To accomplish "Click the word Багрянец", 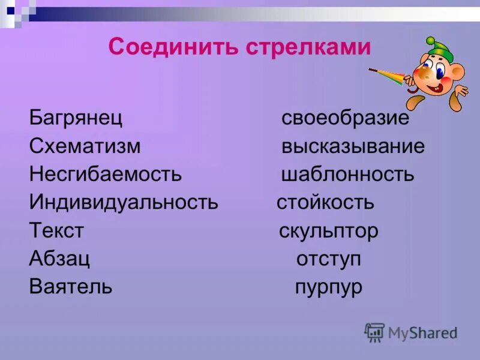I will pyautogui.click(x=76, y=118).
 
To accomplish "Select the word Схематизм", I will pyautogui.click(x=85, y=146).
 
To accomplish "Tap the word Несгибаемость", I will pyautogui.click(x=105, y=175).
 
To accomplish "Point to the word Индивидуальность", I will pyautogui.click(x=124, y=202).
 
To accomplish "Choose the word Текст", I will pyautogui.click(x=56, y=230).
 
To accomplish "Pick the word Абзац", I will pyautogui.click(x=59, y=259).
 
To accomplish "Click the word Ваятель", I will pyautogui.click(x=70, y=287).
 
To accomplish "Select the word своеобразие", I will pyautogui.click(x=346, y=118).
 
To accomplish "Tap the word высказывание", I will pyautogui.click(x=353, y=146).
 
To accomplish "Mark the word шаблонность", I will pyautogui.click(x=347, y=175).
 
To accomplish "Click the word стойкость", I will pyautogui.click(x=325, y=202).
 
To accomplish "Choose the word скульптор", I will pyautogui.click(x=329, y=230).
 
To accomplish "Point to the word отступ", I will pyautogui.click(x=329, y=259).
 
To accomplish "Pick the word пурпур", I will pyautogui.click(x=329, y=287).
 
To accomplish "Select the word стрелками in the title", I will pyautogui.click(x=308, y=47).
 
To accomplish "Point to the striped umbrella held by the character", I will pyautogui.click(x=391, y=76).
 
